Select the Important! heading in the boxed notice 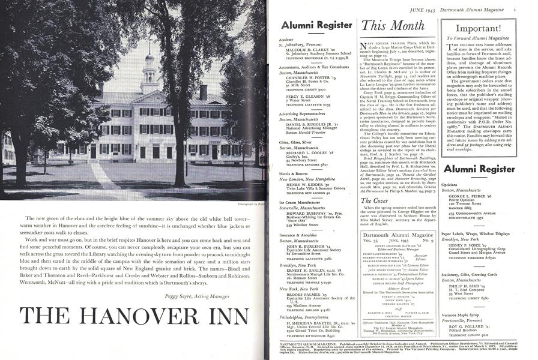pyautogui.click(x=487, y=28)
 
